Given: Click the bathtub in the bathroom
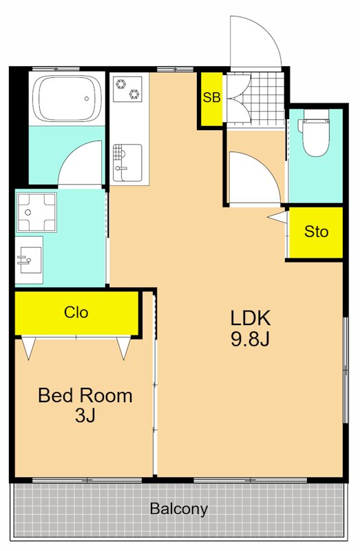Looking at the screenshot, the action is (x=67, y=98).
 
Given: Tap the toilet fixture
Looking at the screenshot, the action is (x=315, y=132).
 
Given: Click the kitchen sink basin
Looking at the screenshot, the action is (x=127, y=163).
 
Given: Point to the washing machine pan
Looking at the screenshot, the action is (x=37, y=212).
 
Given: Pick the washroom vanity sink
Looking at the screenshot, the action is (x=29, y=260).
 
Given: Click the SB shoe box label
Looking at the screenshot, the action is (x=211, y=97).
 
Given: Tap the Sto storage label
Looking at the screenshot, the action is (x=316, y=231).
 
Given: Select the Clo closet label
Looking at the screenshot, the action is (x=76, y=312).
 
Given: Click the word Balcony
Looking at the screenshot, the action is (x=179, y=508).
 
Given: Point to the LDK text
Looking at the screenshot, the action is (x=251, y=318).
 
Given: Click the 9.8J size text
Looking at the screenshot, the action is (x=250, y=339).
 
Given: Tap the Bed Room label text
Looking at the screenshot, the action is (x=85, y=395).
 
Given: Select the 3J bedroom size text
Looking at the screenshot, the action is (x=85, y=415).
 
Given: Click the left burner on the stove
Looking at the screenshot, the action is (x=121, y=84).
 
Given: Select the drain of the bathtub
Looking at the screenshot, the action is (x=87, y=98).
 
